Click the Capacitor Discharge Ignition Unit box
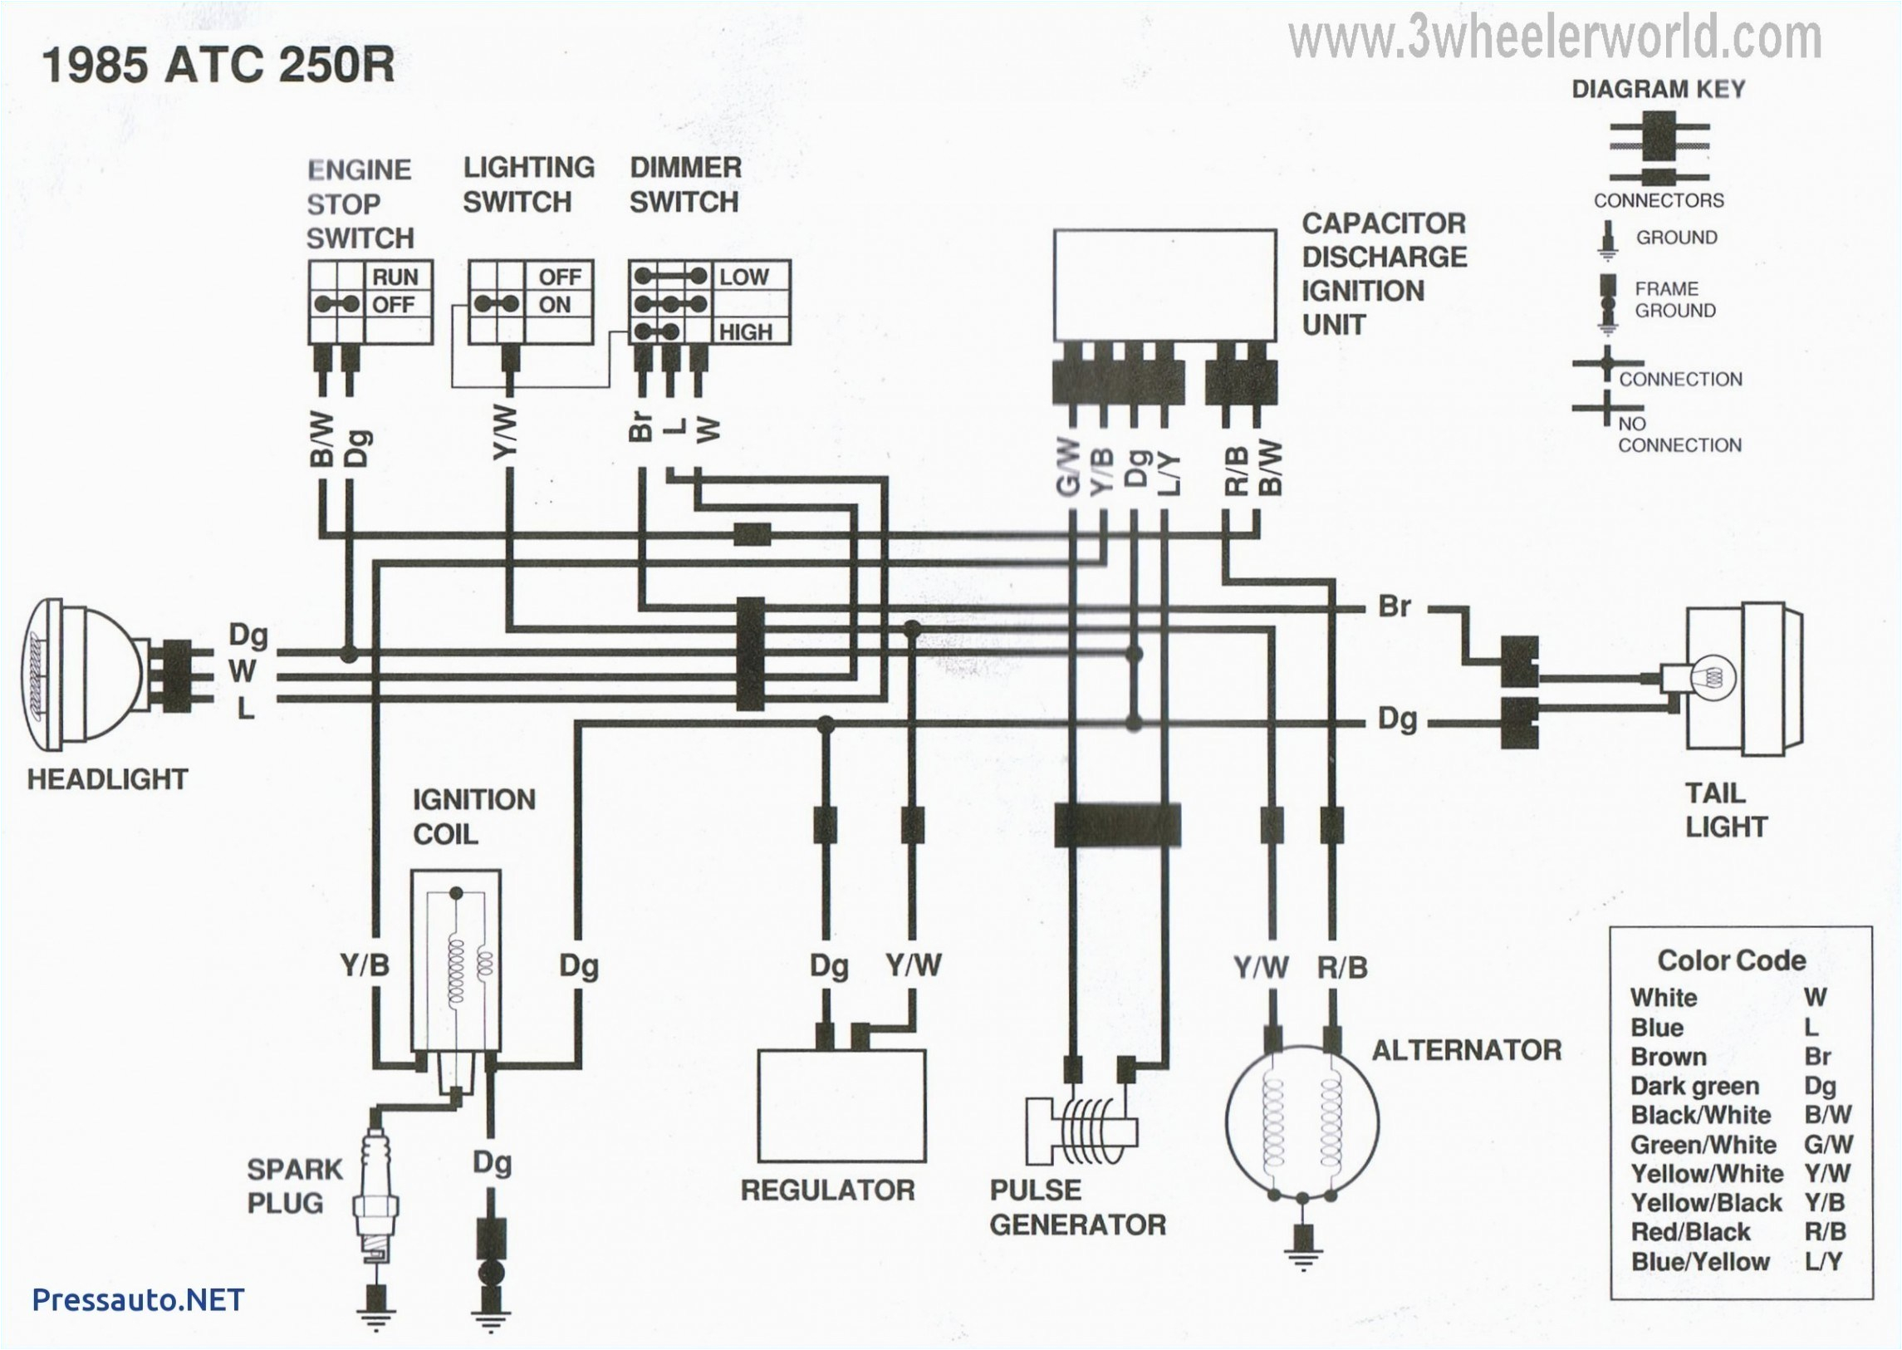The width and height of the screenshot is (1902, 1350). [1165, 284]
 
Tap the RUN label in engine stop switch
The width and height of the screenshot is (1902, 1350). [395, 277]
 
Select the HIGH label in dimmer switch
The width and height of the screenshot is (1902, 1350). [744, 332]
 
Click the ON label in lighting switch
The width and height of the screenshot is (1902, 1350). [554, 305]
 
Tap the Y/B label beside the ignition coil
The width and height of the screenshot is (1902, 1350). [364, 966]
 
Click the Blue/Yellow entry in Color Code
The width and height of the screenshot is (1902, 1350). [1700, 1262]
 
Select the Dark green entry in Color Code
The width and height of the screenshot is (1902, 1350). [1695, 1087]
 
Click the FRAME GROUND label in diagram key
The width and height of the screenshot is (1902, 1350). [1674, 299]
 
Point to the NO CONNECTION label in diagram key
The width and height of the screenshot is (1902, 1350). [1679, 434]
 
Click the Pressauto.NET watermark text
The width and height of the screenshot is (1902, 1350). [138, 1299]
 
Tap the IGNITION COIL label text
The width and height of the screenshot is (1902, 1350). [473, 817]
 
